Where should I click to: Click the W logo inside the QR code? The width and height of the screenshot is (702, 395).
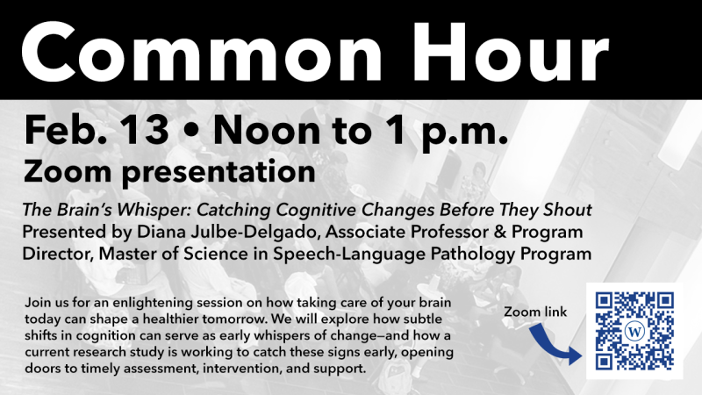click(634, 331)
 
